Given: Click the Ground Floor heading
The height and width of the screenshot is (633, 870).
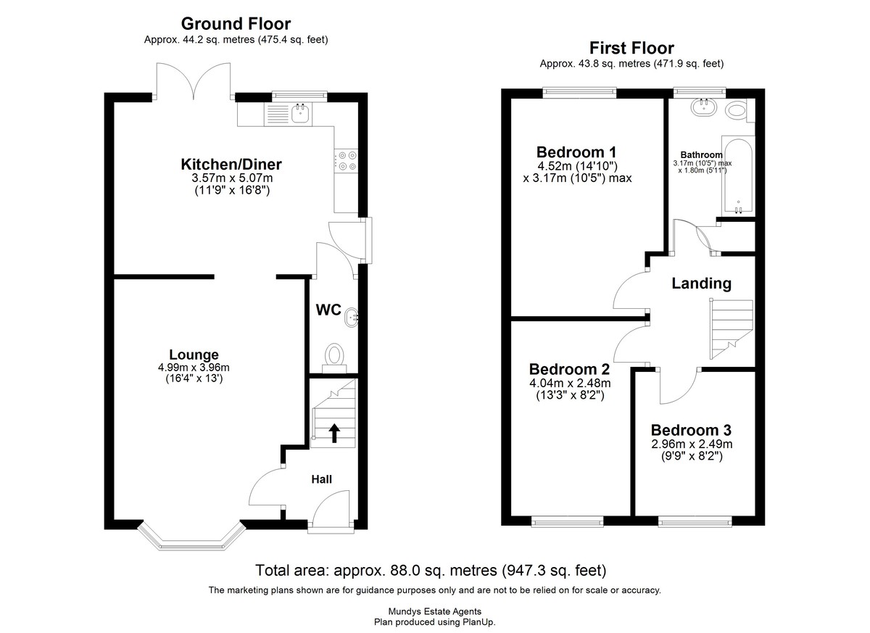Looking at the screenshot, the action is pos(236,24).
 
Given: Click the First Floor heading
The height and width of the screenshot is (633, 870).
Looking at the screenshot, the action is pos(631,48).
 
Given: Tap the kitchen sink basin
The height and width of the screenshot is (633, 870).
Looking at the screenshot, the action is pos(300,114).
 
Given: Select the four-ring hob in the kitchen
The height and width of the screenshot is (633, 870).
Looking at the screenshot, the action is pos(347,161).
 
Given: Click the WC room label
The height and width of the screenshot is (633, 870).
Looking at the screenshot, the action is pos(328,310).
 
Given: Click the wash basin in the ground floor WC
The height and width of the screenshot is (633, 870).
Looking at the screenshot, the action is pos(352,318).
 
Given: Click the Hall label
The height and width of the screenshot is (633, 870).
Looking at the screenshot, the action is pos(322,479).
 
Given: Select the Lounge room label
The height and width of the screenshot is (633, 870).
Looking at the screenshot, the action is pos(194,355).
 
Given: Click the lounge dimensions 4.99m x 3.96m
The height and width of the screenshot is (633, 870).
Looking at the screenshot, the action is pos(194,367).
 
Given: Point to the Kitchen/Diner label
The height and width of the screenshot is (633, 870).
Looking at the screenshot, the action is pos(231,165).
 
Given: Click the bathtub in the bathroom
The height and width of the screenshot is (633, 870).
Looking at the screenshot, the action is pos(738,176).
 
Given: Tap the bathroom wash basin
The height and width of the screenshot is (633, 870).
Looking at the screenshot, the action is pos(703,107).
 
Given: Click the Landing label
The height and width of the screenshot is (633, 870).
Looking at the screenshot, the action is pos(702,284).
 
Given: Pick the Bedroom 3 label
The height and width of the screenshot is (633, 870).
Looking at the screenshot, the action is pos(691,430).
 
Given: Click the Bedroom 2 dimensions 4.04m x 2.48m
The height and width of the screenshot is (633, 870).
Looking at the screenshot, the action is pos(570,384).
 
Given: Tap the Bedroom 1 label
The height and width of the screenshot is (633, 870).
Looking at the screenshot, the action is pos(576,152).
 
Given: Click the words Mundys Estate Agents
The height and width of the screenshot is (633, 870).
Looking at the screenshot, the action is pos(434,612).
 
